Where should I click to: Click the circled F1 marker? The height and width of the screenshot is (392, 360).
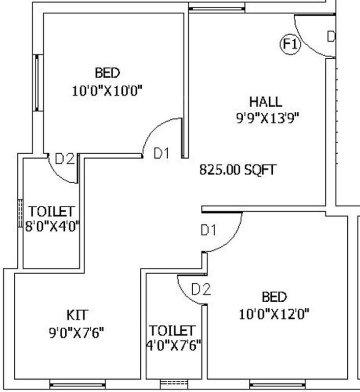tap(291, 44)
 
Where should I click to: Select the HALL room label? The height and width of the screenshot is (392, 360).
tap(265, 101)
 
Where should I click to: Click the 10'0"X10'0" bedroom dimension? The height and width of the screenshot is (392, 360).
tap(107, 91)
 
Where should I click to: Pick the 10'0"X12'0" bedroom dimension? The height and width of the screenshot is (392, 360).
tap(274, 313)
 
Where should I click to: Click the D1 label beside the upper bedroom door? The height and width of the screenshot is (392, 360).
tap(161, 153)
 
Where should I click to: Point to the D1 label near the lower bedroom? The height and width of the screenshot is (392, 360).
tap(208, 230)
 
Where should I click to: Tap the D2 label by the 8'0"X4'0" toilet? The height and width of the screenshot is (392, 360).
tap(65, 159)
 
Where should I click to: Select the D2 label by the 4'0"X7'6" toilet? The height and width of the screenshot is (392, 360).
tap(201, 289)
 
